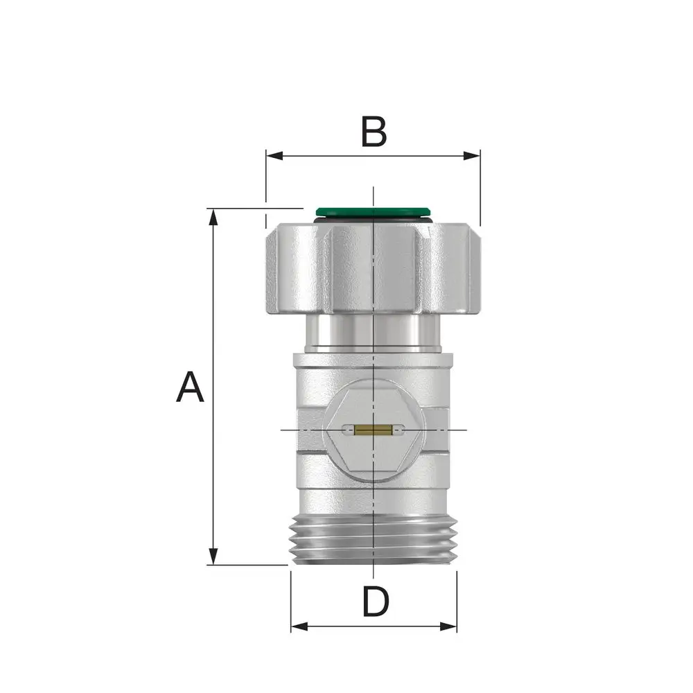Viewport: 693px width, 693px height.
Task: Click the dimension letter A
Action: (x=190, y=387)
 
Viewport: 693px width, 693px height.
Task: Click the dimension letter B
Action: (x=374, y=132)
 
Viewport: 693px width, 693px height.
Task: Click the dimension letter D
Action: (x=376, y=601)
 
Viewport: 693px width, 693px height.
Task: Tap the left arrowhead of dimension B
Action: (x=274, y=155)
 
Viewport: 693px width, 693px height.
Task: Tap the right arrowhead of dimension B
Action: (x=471, y=155)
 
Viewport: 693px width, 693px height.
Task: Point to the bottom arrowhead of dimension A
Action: (x=213, y=556)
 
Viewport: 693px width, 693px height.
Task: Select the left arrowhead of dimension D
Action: (x=299, y=626)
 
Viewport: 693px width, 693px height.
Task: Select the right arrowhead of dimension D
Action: (x=448, y=626)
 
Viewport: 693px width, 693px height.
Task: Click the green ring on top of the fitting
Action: (x=374, y=211)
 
